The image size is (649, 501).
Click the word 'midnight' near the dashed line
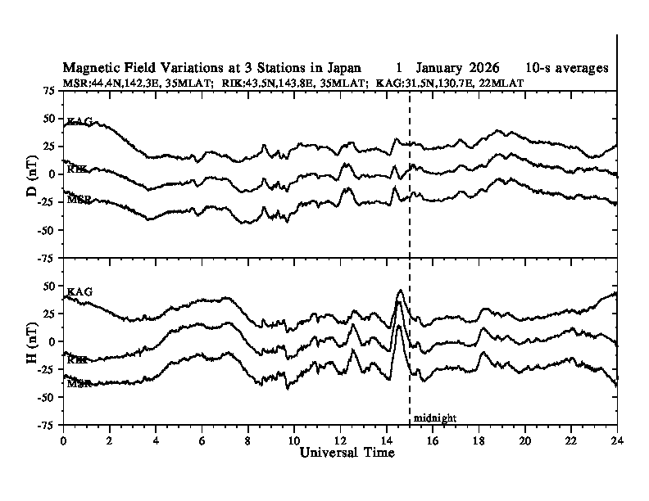434,418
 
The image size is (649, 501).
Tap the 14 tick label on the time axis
387,440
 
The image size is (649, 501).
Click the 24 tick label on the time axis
617,440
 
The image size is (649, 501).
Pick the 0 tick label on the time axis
64,440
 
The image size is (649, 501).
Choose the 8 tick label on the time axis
248,440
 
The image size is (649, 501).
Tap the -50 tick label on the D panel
47,230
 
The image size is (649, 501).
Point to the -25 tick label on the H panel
47,369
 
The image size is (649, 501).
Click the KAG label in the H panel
79,291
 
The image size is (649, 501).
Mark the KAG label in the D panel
79,121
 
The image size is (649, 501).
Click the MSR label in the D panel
79,200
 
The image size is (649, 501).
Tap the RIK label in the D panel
79,169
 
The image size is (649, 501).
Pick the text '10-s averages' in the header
567,68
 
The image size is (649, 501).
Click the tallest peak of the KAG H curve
399,290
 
